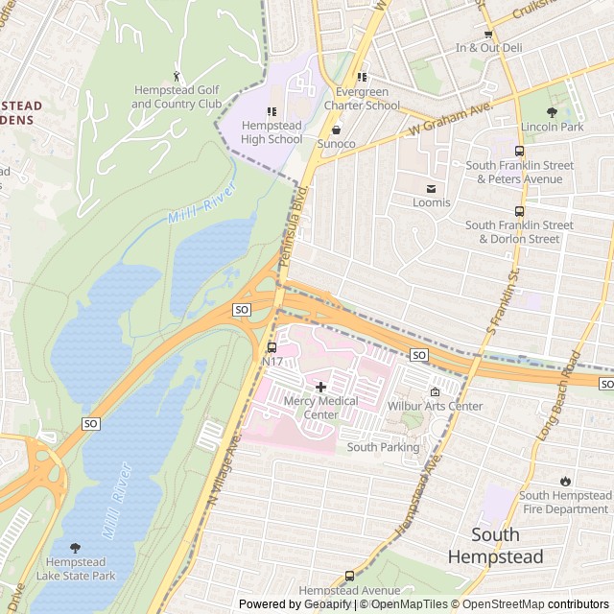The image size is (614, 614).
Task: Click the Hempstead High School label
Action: click(272, 132)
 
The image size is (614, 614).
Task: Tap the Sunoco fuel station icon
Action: click(336, 130)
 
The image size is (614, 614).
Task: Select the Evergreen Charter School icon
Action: click(362, 78)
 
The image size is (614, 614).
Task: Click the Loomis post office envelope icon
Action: click(431, 188)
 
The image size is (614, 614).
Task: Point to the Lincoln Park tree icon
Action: click(552, 112)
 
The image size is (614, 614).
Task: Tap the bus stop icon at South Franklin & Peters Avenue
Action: click(519, 151)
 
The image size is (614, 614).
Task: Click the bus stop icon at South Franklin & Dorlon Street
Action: click(519, 211)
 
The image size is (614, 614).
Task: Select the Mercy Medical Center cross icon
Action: click(320, 386)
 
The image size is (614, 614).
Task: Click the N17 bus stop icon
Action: click(272, 346)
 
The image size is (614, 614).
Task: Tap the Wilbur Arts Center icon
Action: click(435, 391)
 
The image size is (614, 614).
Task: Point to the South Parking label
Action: click(383, 447)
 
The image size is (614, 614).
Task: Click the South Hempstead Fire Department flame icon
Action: click(564, 481)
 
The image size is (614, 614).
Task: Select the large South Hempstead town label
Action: click(495, 546)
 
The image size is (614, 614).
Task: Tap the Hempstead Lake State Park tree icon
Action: click(75, 561)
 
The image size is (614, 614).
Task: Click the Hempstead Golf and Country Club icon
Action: click(177, 75)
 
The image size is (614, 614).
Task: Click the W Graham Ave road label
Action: click(450, 118)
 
